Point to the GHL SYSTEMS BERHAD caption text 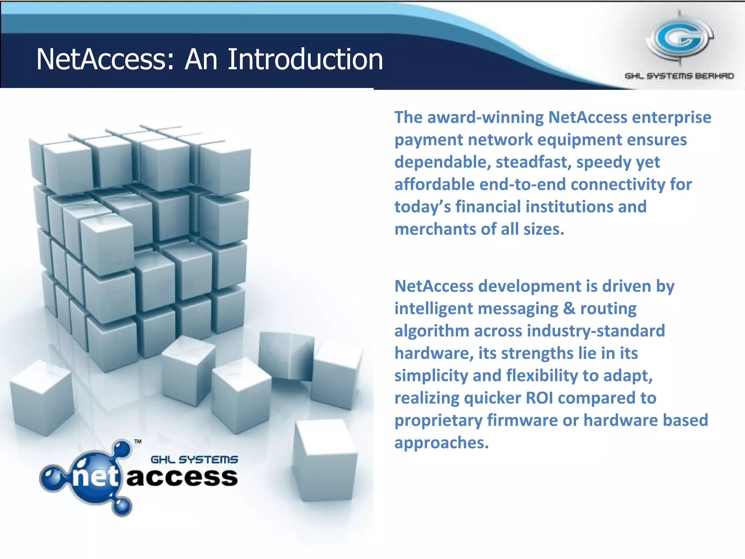pyautogui.click(x=679, y=76)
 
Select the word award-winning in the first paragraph pyautogui.click(x=485, y=118)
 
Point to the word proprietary pyautogui.click(x=438, y=420)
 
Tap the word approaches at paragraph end pyautogui.click(x=441, y=443)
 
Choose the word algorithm pyautogui.click(x=432, y=331)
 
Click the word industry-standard pyautogui.click(x=596, y=331)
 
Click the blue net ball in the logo pyautogui.click(x=96, y=477)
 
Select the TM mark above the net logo pyautogui.click(x=138, y=442)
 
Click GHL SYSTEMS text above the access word pyautogui.click(x=194, y=460)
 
